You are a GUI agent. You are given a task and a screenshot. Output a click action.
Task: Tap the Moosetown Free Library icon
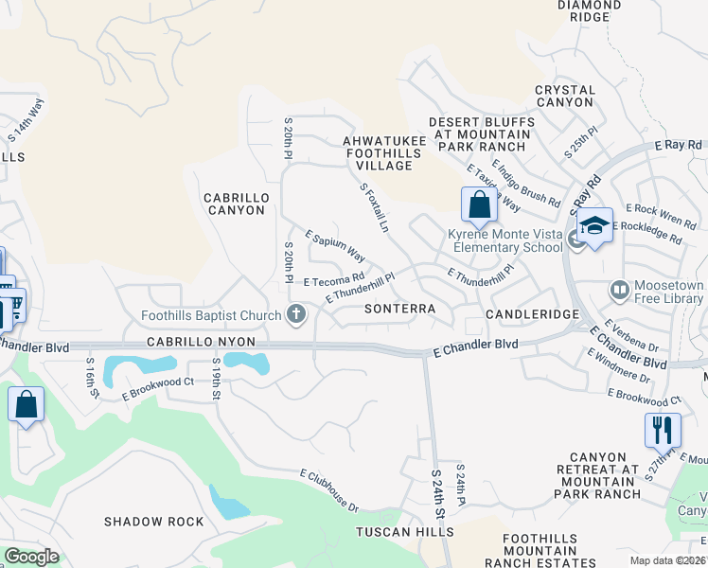pyautogui.click(x=620, y=289)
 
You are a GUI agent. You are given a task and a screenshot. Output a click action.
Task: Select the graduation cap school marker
pyautogui.click(x=594, y=226)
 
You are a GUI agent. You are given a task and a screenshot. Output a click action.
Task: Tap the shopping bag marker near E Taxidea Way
pyautogui.click(x=479, y=204)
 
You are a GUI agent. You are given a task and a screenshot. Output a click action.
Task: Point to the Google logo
pyautogui.click(x=31, y=557)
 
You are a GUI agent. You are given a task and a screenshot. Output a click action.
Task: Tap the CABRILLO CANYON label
pyautogui.click(x=237, y=204)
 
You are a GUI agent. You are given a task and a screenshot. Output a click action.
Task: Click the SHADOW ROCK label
pyautogui.click(x=153, y=522)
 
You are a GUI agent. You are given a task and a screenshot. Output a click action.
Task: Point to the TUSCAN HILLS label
pyautogui.click(x=404, y=533)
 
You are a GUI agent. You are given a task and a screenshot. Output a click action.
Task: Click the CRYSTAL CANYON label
pyautogui.click(x=565, y=97)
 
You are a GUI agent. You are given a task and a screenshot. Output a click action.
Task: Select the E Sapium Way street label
pyautogui.click(x=335, y=245)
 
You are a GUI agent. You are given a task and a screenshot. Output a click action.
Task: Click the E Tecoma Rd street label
pyautogui.click(x=333, y=280)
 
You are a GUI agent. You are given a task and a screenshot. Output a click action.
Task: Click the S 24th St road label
pyautogui.click(x=437, y=493)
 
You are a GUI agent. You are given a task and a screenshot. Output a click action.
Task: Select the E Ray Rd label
pyautogui.click(x=680, y=146)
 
